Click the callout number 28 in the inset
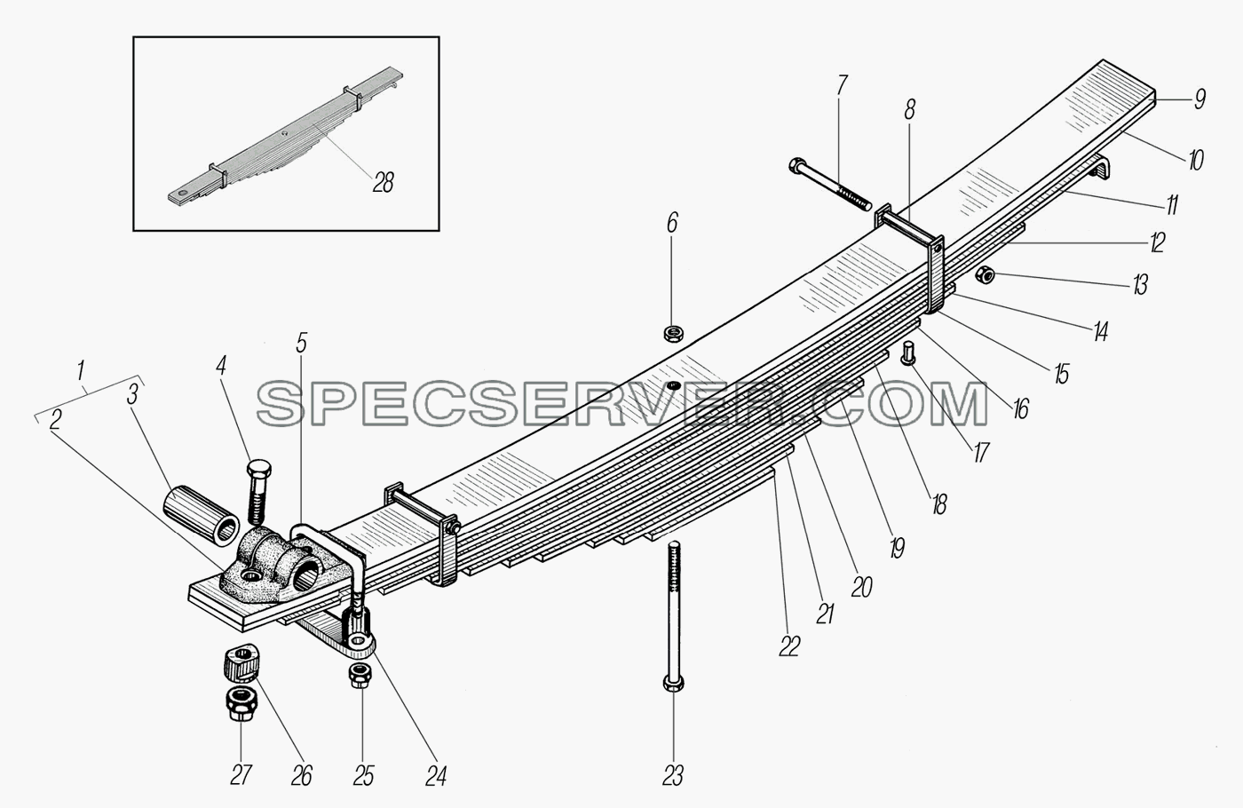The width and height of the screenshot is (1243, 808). pyautogui.click(x=384, y=183)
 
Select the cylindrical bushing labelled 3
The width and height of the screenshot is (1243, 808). pyautogui.click(x=201, y=516)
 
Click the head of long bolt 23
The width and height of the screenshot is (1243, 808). pyautogui.click(x=673, y=683)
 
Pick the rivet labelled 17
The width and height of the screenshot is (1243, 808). pyautogui.click(x=908, y=353)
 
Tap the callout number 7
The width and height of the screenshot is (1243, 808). pyautogui.click(x=843, y=87)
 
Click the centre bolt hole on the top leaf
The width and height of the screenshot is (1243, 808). pyautogui.click(x=674, y=385)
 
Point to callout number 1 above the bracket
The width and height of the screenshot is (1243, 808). pyautogui.click(x=82, y=370)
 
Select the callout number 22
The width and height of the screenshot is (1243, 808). pyautogui.click(x=789, y=647)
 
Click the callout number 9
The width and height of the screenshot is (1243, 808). pyautogui.click(x=1199, y=99)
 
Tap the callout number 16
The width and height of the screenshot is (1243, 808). pyautogui.click(x=1020, y=409)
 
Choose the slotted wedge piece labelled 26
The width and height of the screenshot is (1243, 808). pyautogui.click(x=241, y=662)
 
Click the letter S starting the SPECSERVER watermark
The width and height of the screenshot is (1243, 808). pyautogui.click(x=282, y=403)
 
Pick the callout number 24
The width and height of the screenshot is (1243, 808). pyautogui.click(x=436, y=776)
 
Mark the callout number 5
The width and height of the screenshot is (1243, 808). pyautogui.click(x=301, y=345)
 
